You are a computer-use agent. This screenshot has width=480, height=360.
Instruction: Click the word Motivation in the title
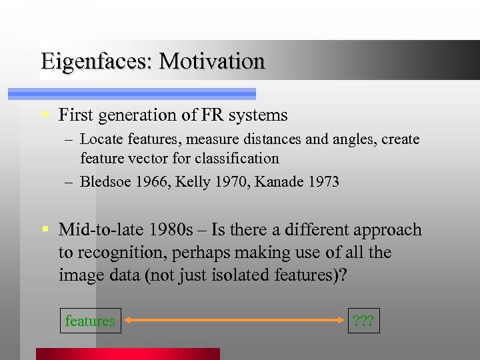(213, 61)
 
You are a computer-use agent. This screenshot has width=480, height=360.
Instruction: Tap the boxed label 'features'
(90, 321)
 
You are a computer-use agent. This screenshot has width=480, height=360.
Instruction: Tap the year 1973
(323, 181)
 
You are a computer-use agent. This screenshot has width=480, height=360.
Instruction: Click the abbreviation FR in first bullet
(211, 115)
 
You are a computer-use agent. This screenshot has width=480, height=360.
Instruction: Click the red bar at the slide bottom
(127, 354)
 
